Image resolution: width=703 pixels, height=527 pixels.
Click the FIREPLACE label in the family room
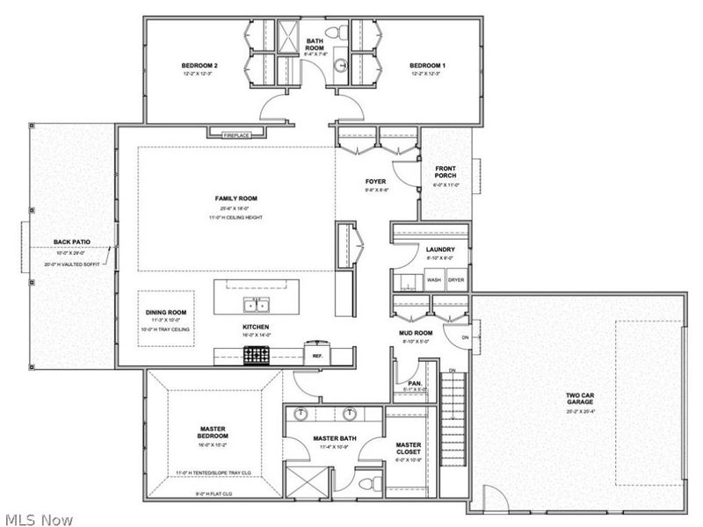tap(236, 134)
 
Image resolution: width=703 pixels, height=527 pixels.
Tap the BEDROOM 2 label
tap(199, 66)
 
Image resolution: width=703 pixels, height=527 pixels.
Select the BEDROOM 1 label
tap(429, 66)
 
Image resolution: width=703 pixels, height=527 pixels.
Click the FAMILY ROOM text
tap(236, 199)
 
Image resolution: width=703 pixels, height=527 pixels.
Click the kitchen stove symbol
tap(256, 355)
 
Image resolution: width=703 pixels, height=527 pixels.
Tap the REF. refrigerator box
tap(317, 356)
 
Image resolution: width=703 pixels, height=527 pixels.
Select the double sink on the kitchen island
tap(256, 306)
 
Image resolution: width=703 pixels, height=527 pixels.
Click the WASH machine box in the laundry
tap(434, 280)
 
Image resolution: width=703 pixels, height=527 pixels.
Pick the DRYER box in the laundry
tap(456, 280)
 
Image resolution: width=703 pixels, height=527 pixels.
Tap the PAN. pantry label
tap(413, 384)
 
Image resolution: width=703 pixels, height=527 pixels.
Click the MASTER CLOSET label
tap(409, 450)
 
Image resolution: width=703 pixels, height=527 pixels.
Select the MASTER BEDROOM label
tap(214, 432)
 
